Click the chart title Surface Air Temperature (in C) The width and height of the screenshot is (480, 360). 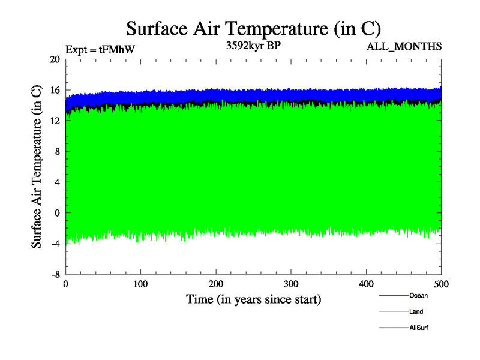click(x=253, y=28)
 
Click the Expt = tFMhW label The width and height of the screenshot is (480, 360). click(x=100, y=50)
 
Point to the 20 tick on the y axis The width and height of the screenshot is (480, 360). click(x=55, y=59)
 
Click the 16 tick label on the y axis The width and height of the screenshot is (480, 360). click(x=55, y=90)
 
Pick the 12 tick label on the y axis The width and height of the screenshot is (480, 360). click(x=55, y=121)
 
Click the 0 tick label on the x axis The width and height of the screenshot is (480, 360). click(x=65, y=283)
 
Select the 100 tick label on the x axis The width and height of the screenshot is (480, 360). click(x=140, y=283)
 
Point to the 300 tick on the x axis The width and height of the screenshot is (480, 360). click(x=291, y=283)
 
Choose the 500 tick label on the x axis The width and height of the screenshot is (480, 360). click(x=442, y=283)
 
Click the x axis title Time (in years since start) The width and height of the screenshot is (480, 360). click(x=253, y=299)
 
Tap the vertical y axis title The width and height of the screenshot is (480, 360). click(x=37, y=166)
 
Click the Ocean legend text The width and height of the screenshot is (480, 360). click(x=418, y=295)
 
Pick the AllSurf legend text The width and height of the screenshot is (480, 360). click(x=419, y=328)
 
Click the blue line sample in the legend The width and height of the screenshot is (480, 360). click(x=394, y=295)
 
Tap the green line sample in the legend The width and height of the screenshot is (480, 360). click(x=394, y=311)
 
